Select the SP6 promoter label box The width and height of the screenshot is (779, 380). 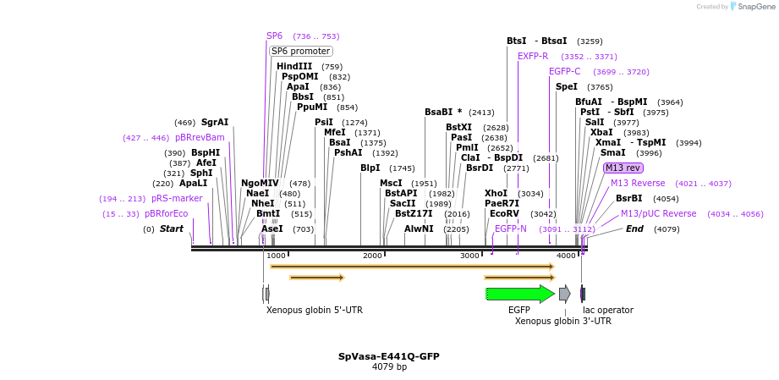tap(300, 51)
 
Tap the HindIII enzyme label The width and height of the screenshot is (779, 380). tap(293, 66)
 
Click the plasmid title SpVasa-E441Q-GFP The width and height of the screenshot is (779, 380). tap(389, 356)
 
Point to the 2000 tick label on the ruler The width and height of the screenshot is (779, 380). tap(372, 256)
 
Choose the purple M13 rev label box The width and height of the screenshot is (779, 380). tap(623, 168)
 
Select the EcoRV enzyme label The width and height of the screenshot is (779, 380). tap(504, 213)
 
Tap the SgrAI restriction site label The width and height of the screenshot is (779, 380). tap(215, 122)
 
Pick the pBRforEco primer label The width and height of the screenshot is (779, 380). tap(166, 213)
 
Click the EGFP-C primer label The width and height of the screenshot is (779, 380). tap(564, 71)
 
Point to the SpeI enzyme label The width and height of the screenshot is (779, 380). tap(567, 86)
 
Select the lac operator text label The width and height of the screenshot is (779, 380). tap(607, 310)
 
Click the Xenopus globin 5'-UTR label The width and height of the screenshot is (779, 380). tap(315, 310)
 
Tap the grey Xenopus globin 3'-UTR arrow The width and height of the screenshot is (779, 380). tap(564, 294)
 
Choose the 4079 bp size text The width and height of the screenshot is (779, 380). tap(389, 367)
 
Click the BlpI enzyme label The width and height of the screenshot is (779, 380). tap(370, 168)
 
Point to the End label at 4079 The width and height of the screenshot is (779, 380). tap(634, 229)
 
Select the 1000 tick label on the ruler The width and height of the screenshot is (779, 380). tap(276, 256)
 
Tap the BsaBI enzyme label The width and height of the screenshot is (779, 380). tap(440, 112)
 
